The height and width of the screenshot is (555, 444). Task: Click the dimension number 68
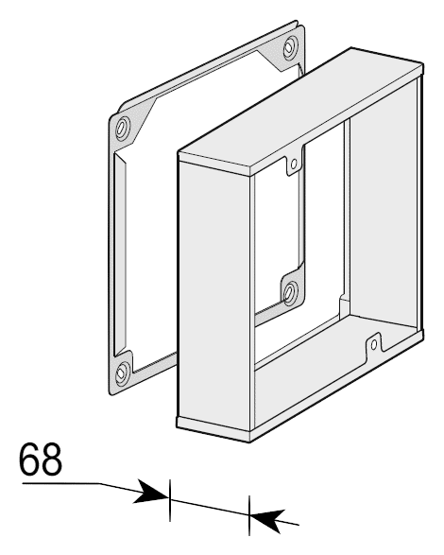click(41, 459)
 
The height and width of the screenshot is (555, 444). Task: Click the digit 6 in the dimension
click(29, 459)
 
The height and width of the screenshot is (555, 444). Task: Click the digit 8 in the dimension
click(52, 459)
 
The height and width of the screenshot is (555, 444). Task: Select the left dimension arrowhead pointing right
click(151, 492)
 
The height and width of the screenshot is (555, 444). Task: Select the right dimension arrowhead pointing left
click(267, 521)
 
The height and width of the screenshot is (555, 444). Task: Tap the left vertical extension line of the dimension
click(170, 500)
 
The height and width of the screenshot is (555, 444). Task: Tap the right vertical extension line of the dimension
click(249, 515)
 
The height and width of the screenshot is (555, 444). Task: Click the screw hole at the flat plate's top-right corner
click(290, 47)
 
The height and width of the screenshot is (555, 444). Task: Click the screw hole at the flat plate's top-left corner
click(123, 127)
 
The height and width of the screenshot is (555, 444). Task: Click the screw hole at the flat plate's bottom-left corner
click(122, 373)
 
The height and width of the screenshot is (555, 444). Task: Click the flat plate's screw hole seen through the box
click(291, 292)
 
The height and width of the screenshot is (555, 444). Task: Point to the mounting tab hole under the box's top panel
click(294, 164)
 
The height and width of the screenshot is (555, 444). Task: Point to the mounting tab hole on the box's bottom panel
click(373, 344)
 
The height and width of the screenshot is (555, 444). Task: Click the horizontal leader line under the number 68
click(60, 483)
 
